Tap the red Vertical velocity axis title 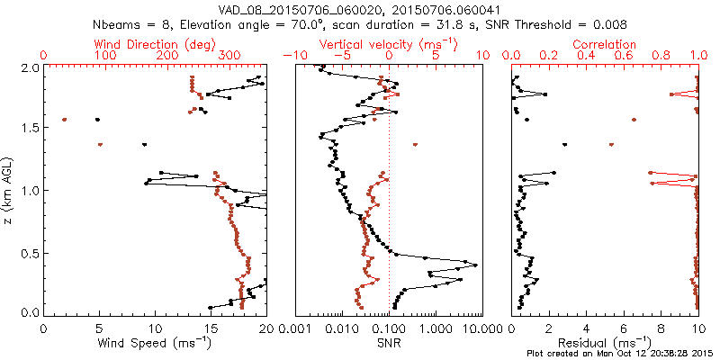388,44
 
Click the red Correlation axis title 605,44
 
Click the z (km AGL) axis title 11,191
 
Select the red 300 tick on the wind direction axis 230,56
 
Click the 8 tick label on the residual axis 661,328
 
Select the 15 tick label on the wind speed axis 211,328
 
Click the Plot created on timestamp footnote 620,354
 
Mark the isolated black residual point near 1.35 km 565,145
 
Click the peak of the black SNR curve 475,265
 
